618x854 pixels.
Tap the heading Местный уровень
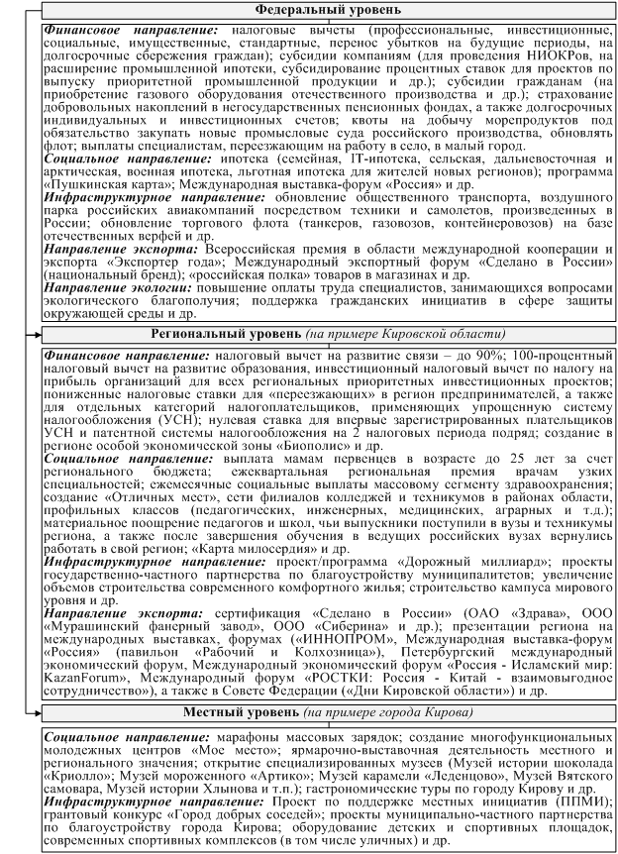[x=251, y=713]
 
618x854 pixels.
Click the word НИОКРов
[x=550, y=58]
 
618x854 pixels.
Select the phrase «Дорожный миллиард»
[x=428, y=562]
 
